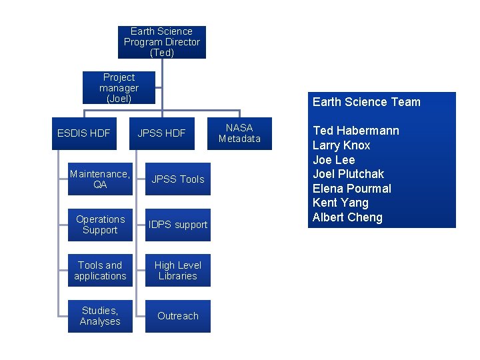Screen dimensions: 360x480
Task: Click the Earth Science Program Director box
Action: point(161,42)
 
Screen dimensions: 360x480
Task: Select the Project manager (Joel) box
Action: point(119,88)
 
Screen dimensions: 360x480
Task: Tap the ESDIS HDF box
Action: point(84,133)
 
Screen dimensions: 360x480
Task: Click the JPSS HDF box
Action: point(162,133)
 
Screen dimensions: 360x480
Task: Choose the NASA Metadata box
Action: point(239,133)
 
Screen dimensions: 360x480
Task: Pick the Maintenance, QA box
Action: point(100,179)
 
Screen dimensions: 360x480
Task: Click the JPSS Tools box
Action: point(178,179)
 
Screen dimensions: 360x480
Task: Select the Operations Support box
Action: point(100,225)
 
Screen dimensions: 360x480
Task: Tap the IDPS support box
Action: point(178,225)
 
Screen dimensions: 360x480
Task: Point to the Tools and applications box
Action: point(100,271)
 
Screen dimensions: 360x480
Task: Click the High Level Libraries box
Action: point(178,271)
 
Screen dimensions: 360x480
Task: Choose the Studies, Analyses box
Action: point(100,316)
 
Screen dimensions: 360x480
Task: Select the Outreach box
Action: point(178,316)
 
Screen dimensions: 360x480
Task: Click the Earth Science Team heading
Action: point(367,102)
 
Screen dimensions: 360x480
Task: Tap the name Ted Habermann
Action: point(355,131)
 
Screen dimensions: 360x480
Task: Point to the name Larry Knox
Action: point(341,145)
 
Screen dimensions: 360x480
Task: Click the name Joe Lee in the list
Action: point(333,160)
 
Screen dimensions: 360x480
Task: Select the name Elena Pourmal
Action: point(351,189)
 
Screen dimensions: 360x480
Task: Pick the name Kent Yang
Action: point(340,203)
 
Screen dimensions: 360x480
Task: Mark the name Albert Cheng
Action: point(347,217)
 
